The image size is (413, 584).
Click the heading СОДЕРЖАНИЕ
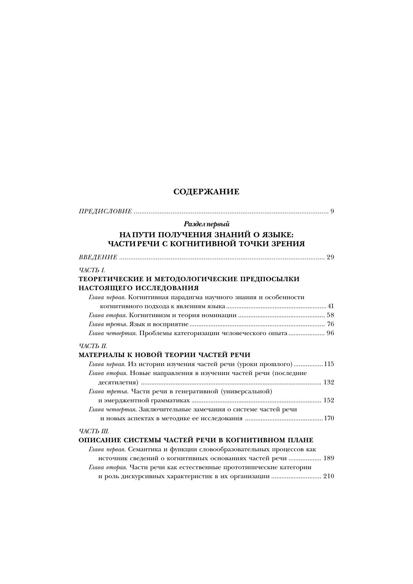(206, 192)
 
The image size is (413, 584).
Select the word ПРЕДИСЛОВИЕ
(105, 211)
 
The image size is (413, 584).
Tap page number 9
(332, 211)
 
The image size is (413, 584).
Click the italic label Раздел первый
(206, 224)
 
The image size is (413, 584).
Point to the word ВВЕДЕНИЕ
(98, 257)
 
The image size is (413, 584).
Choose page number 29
(330, 257)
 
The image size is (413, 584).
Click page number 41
(330, 306)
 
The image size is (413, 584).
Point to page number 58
(330, 315)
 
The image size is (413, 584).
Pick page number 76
(330, 324)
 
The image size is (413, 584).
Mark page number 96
(330, 333)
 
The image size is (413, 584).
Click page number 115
(329, 364)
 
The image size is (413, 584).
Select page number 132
(329, 382)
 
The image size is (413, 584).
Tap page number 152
(329, 400)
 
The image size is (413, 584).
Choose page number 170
(329, 418)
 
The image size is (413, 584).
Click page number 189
(329, 458)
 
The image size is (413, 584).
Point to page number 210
(329, 476)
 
